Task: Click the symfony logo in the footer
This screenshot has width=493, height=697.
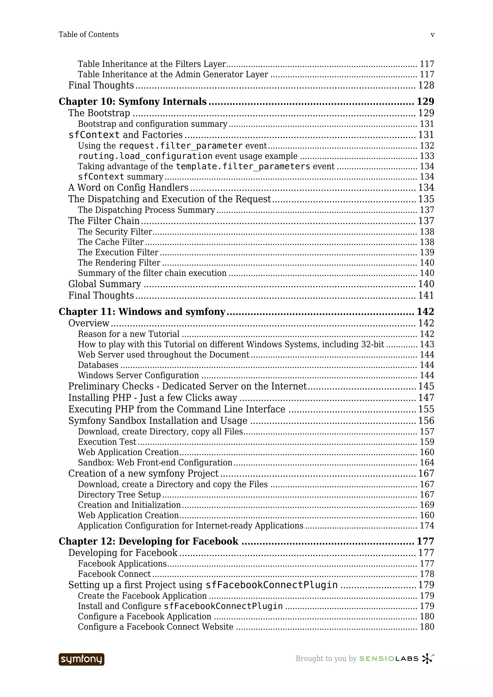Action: pos(81,659)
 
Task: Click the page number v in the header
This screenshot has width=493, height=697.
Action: pos(432,35)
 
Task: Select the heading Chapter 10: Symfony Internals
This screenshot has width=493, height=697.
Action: pos(132,101)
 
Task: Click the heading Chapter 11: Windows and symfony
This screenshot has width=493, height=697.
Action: pos(142,311)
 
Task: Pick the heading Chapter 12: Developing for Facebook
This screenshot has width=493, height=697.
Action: pos(148,541)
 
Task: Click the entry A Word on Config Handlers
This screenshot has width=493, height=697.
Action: pos(128,188)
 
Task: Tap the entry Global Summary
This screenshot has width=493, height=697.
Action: pos(104,284)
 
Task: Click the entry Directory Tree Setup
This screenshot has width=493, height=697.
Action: pos(119,494)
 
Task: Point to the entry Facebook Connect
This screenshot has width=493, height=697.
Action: pos(114,574)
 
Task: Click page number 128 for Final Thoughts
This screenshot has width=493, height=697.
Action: pos(426,85)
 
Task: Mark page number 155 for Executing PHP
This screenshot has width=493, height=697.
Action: pos(426,409)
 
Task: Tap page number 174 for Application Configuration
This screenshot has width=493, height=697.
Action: pos(427,526)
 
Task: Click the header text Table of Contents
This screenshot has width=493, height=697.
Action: pos(89,35)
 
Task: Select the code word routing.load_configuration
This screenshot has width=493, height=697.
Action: pos(145,156)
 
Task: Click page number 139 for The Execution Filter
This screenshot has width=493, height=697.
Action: pos(427,252)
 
